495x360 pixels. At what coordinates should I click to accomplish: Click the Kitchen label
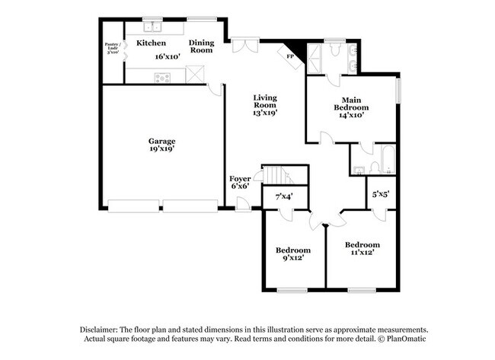point(152,43)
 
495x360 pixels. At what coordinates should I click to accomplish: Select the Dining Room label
point(202,46)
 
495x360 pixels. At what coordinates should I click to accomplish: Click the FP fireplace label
point(290,56)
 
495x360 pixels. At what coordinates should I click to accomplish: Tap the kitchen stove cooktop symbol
point(162,77)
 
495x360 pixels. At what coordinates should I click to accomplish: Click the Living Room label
point(265,101)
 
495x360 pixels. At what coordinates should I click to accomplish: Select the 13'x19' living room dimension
point(265,112)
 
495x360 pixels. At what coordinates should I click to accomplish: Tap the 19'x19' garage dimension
point(161,149)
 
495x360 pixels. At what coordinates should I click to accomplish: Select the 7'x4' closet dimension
point(283,197)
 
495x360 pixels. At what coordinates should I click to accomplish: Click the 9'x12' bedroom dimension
point(293,258)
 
